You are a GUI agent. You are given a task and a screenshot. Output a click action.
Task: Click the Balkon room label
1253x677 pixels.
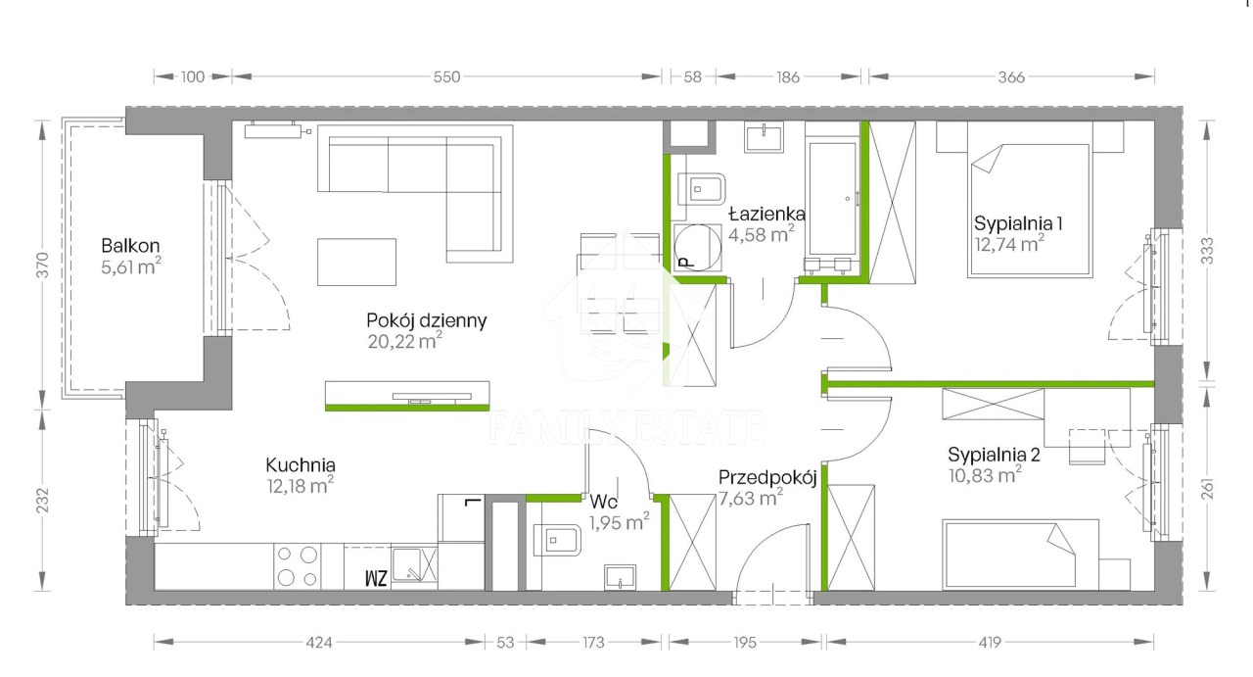pos(130,245)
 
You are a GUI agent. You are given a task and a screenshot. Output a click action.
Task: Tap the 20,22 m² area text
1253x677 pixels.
pos(404,341)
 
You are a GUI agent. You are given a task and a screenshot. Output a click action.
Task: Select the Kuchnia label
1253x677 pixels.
pos(301,464)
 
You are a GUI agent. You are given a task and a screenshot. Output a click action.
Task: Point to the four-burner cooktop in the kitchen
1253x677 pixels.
pos(297,566)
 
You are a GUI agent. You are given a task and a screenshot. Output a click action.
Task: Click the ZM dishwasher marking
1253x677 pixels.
pos(376,578)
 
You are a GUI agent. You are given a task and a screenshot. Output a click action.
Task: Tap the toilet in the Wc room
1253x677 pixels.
pos(557,541)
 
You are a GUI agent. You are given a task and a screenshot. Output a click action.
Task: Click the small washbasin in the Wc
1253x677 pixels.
pos(620,577)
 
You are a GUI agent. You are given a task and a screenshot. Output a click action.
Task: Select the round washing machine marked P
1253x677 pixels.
pos(698,248)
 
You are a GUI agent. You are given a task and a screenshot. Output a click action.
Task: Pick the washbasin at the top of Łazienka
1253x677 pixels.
pos(764,137)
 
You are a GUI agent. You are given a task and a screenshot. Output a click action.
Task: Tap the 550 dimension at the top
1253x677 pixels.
pos(446,76)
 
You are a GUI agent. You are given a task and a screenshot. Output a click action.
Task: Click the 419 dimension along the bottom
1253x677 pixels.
pos(990,643)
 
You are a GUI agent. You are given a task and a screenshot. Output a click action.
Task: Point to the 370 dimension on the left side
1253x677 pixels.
pos(42,265)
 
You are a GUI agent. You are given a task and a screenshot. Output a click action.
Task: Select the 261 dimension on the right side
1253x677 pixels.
pos(1207,488)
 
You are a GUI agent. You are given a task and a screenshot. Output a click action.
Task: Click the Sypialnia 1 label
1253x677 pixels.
pos(1017,223)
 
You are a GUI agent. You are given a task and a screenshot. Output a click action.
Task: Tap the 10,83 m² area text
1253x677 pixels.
pos(985,475)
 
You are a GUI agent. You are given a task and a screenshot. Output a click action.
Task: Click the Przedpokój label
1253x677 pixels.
pos(767,478)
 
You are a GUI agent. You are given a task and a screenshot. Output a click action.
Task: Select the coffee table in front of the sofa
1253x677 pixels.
pos(357,262)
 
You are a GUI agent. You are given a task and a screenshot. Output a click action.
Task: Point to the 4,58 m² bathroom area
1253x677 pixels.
pos(761,234)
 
